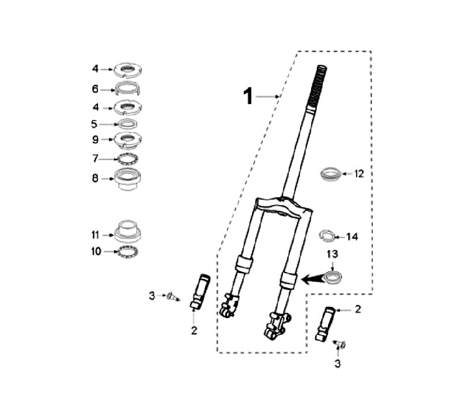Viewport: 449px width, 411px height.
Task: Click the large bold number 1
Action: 248,97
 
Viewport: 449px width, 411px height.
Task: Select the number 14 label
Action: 352,237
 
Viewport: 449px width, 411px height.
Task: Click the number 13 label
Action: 332,254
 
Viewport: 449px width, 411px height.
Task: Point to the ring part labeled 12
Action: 331,173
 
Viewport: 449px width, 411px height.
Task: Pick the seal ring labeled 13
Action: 334,274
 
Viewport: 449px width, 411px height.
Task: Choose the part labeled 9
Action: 128,138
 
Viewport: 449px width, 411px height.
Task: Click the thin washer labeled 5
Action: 128,123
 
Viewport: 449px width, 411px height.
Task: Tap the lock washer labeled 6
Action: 128,88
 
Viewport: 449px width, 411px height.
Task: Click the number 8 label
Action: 95,178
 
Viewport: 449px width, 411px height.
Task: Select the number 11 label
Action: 95,235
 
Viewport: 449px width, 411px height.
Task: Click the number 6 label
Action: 95,89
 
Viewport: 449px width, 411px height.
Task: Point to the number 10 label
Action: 95,251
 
